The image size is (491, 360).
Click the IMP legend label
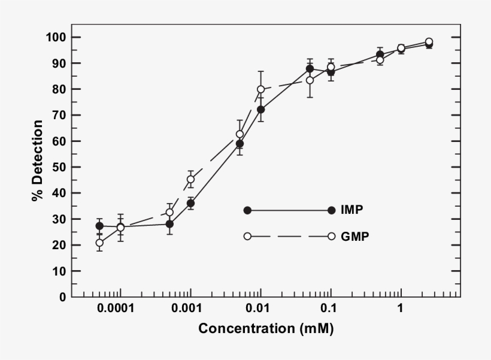(x=353, y=210)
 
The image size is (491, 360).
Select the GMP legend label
(x=354, y=236)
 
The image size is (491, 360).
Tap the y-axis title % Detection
(x=38, y=161)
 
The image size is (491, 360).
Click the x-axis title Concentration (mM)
(x=266, y=329)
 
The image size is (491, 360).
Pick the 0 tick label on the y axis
(x=62, y=297)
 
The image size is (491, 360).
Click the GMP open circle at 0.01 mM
(x=260, y=89)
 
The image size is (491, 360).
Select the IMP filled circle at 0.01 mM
(x=260, y=110)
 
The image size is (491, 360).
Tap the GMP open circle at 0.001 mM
(x=190, y=179)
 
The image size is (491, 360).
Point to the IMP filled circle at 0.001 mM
(x=190, y=203)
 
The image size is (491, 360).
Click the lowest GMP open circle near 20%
(x=99, y=243)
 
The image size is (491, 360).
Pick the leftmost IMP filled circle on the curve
(x=99, y=226)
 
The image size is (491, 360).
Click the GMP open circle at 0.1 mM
(x=331, y=67)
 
